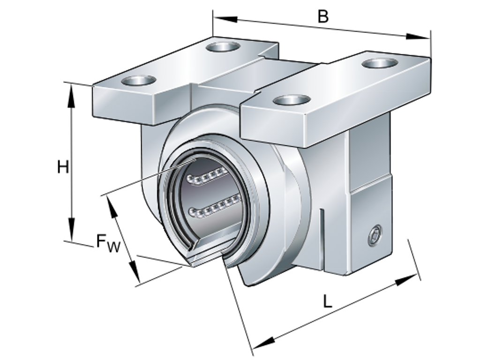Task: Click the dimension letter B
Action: tap(323, 16)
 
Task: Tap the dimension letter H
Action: tap(62, 166)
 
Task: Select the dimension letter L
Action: tap(328, 301)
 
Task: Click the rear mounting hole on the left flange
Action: tap(223, 46)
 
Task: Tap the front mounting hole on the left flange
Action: tap(138, 80)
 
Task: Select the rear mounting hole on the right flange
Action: tap(380, 63)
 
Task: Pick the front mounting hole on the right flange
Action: tap(291, 99)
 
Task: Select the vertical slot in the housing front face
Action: tap(323, 239)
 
